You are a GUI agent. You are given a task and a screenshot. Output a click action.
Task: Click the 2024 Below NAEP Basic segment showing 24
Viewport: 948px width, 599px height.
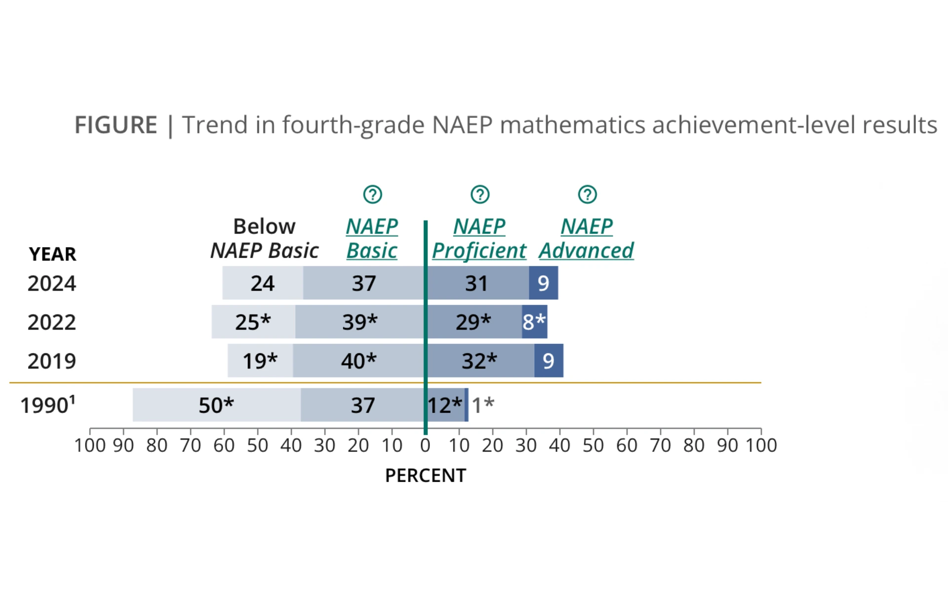pos(262,283)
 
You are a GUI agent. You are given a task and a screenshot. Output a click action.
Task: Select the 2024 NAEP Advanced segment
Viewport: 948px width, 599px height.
pos(543,283)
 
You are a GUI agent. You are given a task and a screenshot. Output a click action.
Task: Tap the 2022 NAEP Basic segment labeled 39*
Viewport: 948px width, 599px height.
pos(359,322)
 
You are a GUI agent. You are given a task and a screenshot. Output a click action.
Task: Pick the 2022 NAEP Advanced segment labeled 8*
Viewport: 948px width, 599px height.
pos(534,322)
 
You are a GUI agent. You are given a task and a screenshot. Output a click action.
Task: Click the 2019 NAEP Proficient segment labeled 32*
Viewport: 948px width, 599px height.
pos(479,361)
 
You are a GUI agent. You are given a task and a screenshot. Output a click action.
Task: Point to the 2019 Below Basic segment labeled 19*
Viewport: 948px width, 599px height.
pos(260,361)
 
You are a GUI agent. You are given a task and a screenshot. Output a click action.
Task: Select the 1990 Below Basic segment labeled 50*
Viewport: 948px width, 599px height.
pos(216,405)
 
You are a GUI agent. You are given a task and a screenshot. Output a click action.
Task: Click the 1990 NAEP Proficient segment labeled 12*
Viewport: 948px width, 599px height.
pos(445,405)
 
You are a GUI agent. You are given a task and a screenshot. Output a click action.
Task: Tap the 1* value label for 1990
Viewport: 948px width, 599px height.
pos(483,405)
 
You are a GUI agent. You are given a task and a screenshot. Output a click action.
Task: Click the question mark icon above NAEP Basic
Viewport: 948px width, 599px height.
pos(372,194)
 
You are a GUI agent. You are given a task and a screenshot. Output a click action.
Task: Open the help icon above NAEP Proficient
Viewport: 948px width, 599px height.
pos(480,194)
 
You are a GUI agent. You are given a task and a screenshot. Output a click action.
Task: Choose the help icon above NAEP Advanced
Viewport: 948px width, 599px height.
pos(587,194)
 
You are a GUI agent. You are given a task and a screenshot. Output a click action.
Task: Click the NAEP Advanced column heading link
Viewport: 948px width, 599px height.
pos(586,239)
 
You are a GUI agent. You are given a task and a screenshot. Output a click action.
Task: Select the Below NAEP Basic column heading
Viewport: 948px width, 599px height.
pos(264,239)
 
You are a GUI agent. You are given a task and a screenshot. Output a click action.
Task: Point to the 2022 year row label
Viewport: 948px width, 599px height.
pos(52,322)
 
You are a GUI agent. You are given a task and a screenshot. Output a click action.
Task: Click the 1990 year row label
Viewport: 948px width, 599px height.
pos(47,405)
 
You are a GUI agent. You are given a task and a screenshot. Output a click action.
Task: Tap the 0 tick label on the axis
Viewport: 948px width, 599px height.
pos(425,446)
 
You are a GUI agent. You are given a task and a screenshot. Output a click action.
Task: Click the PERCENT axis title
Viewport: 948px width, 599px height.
pos(425,476)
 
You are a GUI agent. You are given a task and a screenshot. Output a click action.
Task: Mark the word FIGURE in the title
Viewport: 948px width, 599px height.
pos(116,125)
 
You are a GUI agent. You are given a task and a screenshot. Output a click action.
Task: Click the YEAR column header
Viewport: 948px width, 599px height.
pos(52,254)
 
